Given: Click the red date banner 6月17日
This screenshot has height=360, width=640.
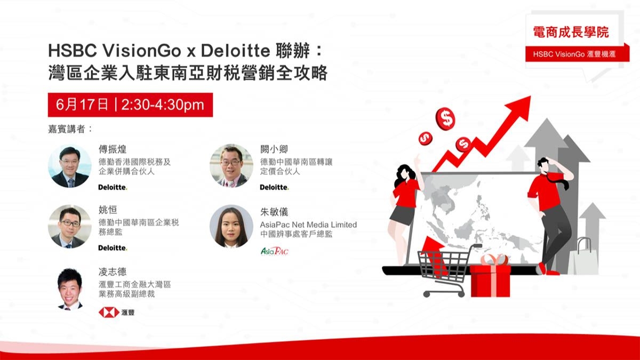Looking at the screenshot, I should click(x=130, y=105).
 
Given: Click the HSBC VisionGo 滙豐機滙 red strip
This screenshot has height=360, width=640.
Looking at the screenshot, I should click(x=571, y=54).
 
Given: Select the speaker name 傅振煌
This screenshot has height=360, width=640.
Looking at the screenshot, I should click(x=111, y=149).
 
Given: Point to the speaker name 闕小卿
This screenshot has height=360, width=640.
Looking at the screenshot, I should click(x=274, y=149).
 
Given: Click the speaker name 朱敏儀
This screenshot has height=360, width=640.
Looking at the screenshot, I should click(x=274, y=212).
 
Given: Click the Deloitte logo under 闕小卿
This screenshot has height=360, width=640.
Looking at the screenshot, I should click(x=274, y=187).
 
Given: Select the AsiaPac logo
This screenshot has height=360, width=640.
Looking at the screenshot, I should click(x=274, y=251).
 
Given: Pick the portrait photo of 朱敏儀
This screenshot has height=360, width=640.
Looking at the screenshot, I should click(x=231, y=226).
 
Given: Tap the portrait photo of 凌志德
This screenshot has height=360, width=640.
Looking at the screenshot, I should click(x=70, y=289).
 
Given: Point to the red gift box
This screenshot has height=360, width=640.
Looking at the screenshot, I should click(x=490, y=277).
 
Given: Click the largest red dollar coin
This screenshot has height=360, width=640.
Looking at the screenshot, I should click(x=446, y=118).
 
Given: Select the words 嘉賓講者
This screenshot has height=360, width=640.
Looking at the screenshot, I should click(x=70, y=129).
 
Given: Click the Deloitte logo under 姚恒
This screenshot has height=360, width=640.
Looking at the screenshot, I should click(x=113, y=248).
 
